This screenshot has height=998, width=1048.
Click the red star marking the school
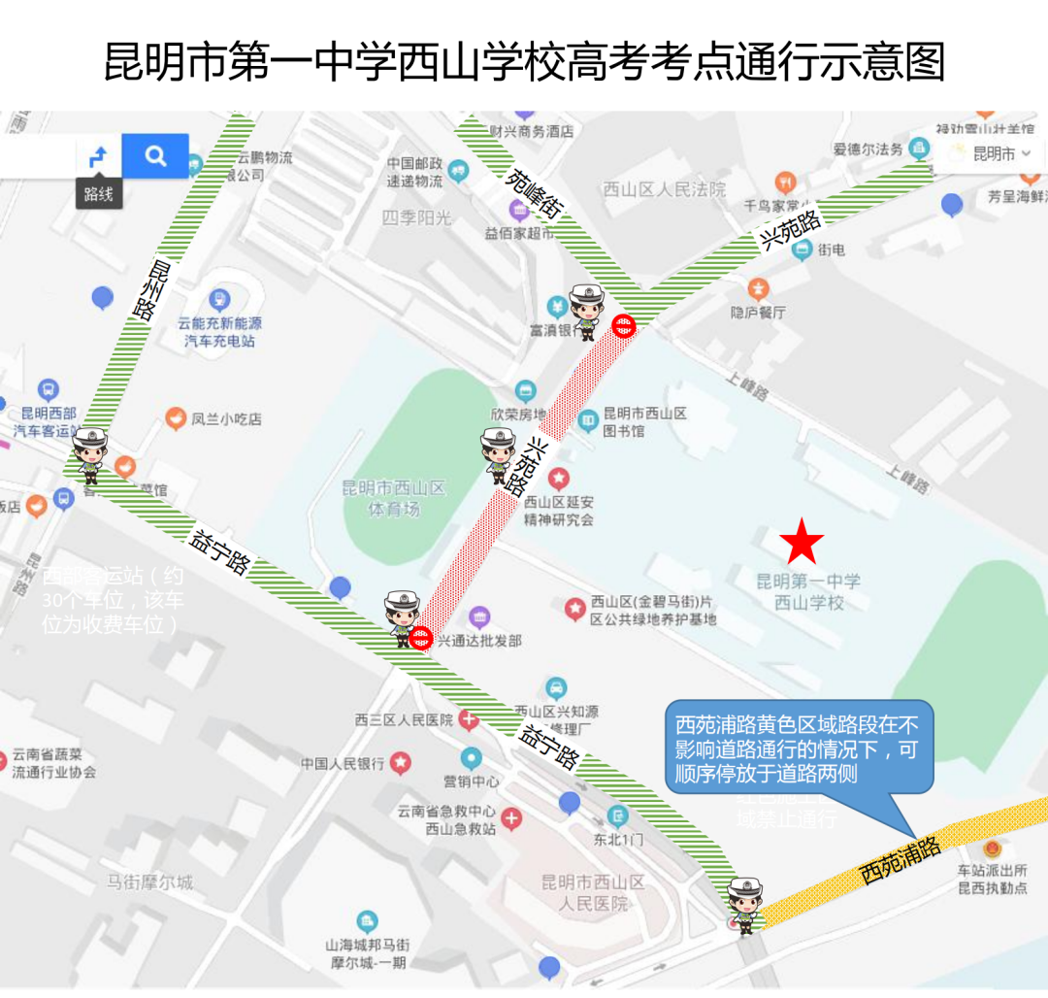pyautogui.click(x=802, y=543)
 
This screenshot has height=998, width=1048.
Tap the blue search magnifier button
pyautogui.click(x=155, y=155)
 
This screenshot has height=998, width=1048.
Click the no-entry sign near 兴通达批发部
pyautogui.click(x=421, y=638)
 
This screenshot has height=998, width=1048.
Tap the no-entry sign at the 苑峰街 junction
pyautogui.click(x=625, y=326)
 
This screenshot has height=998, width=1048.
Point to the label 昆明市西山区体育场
pyautogui.click(x=394, y=498)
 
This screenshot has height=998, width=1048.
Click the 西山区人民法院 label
pyautogui.click(x=665, y=189)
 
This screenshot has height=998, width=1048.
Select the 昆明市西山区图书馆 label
pyautogui.click(x=644, y=421)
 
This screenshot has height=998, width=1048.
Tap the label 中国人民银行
pyautogui.click(x=343, y=763)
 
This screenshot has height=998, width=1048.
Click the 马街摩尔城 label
pyautogui.click(x=149, y=882)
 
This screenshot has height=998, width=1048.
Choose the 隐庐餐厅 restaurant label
pyautogui.click(x=758, y=312)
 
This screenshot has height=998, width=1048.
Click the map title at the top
pyautogui.click(x=524, y=62)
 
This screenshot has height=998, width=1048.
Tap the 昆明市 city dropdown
pyautogui.click(x=1000, y=153)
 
